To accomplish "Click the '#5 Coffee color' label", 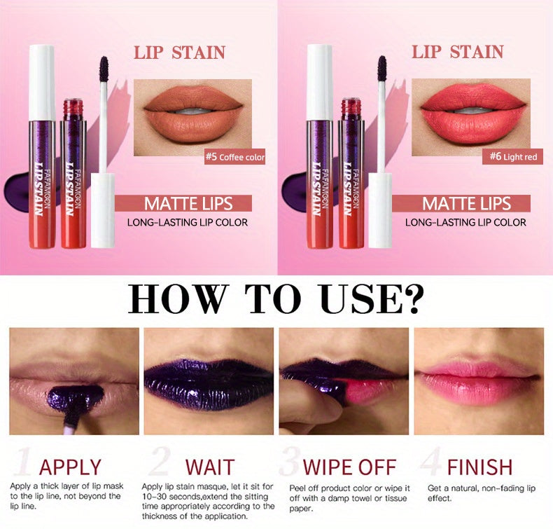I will click(x=234, y=158).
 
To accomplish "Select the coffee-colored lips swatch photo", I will click(x=192, y=112).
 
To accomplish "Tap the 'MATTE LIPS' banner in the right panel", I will click(x=467, y=204).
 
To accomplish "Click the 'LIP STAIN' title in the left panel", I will click(x=180, y=53).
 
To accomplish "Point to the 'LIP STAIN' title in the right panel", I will click(x=457, y=53).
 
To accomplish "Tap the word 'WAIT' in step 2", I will click(x=209, y=467).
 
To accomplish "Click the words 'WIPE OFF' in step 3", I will click(x=349, y=467).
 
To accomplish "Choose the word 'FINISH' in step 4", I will click(x=479, y=467).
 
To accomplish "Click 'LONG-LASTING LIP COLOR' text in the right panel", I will click(x=465, y=223).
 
